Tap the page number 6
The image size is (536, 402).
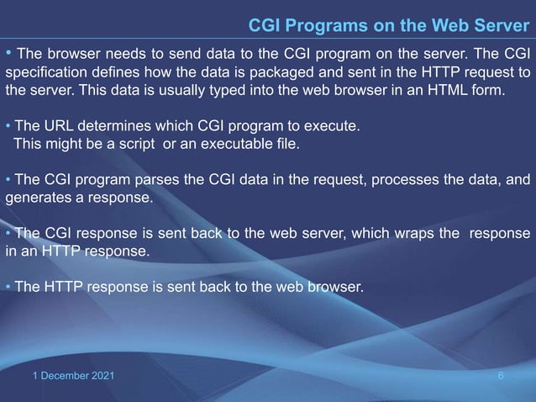(502, 374)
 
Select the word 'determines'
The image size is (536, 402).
(113, 127)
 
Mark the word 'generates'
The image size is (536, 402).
(37, 198)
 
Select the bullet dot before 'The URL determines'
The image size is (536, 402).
(8, 127)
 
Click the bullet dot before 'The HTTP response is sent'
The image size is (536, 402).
(8, 287)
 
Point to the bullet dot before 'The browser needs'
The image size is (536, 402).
(8, 54)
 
